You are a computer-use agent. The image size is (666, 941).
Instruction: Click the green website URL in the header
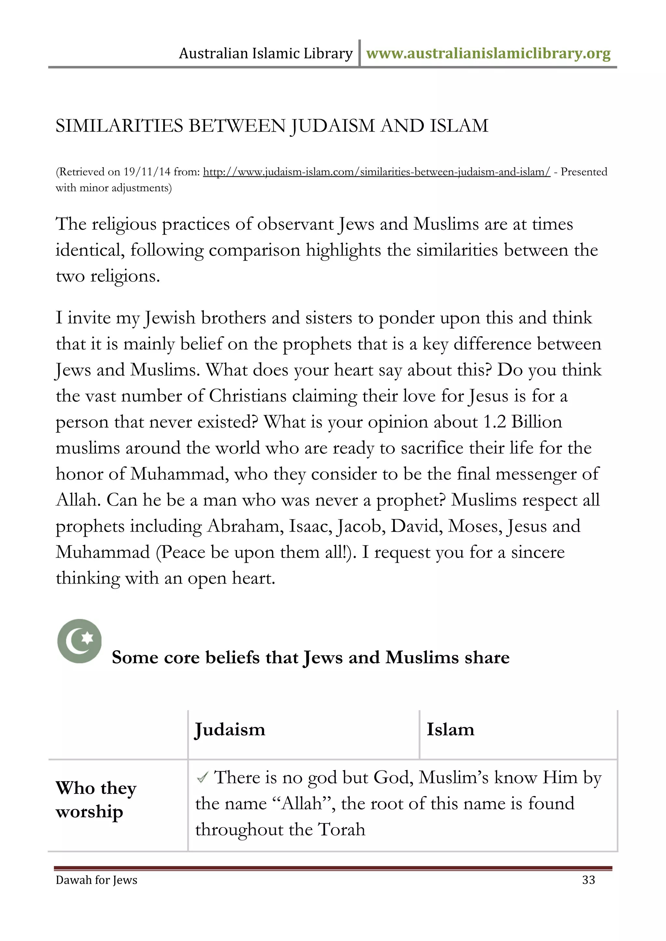tap(488, 54)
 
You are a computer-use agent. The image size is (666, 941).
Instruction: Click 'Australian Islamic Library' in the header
tap(265, 54)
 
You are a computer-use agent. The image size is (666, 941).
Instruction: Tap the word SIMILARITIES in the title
tap(119, 126)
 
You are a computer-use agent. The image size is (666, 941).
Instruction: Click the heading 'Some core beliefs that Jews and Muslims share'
tap(311, 657)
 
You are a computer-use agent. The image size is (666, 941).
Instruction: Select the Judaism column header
tap(230, 730)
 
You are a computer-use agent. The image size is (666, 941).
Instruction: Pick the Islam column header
tap(450, 730)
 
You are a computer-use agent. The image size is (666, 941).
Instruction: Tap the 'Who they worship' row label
tap(96, 800)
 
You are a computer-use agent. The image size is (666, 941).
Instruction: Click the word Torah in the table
tap(341, 830)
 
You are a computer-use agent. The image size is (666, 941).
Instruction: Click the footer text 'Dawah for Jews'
tap(96, 880)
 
